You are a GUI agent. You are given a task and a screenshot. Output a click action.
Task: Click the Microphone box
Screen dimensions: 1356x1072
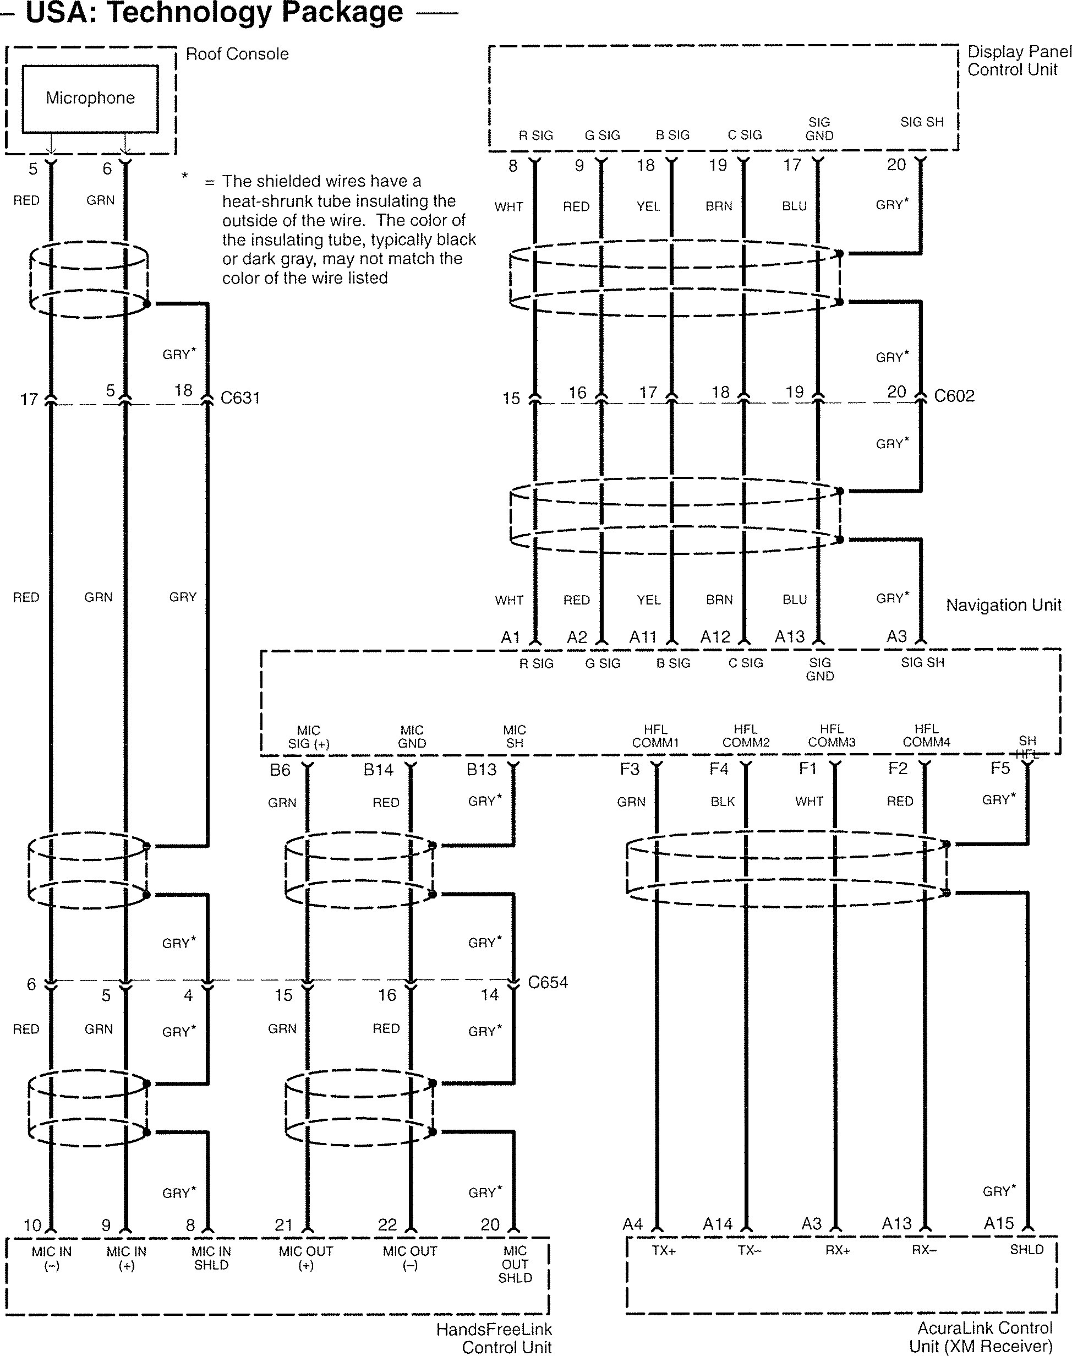click(x=90, y=99)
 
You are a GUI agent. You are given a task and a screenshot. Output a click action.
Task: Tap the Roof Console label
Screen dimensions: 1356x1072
click(x=237, y=54)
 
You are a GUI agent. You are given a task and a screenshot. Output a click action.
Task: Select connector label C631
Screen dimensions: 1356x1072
click(x=240, y=398)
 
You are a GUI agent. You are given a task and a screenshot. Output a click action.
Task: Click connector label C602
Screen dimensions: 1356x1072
click(x=953, y=396)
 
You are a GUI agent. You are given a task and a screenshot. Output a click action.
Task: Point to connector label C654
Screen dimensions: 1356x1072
click(x=548, y=983)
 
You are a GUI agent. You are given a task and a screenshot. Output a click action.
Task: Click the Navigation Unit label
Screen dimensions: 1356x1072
click(x=1003, y=605)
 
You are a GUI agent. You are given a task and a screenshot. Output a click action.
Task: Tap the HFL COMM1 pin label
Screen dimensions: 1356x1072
click(x=655, y=736)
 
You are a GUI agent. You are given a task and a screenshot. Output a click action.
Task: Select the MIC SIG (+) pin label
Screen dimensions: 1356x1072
click(x=308, y=737)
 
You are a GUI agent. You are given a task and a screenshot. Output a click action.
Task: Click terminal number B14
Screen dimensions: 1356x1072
click(x=379, y=770)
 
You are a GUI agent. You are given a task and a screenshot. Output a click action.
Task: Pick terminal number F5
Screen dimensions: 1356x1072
click(x=1000, y=769)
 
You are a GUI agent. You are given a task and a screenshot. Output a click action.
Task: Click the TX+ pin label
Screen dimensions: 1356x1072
click(x=664, y=1250)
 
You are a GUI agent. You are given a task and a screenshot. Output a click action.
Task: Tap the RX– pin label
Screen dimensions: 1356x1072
click(x=924, y=1250)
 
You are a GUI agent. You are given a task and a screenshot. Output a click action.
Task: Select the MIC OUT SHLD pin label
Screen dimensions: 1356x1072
click(x=515, y=1265)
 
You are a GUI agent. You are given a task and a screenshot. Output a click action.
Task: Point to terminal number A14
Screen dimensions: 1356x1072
click(x=718, y=1224)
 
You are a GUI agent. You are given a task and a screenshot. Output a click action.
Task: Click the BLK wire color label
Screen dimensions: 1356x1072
click(x=723, y=802)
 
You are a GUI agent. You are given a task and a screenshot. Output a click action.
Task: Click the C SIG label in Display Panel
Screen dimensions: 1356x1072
click(x=745, y=135)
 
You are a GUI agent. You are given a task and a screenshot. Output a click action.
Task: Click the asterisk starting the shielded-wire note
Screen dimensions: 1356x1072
click(x=184, y=176)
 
